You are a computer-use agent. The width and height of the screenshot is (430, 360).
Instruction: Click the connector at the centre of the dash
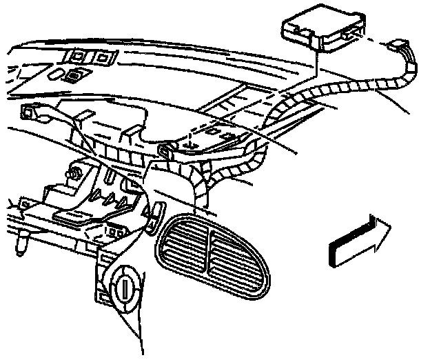coord(166,149)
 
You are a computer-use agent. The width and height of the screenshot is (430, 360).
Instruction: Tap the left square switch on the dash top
coord(74,55)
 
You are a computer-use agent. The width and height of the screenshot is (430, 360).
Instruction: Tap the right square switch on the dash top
coord(103,57)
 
